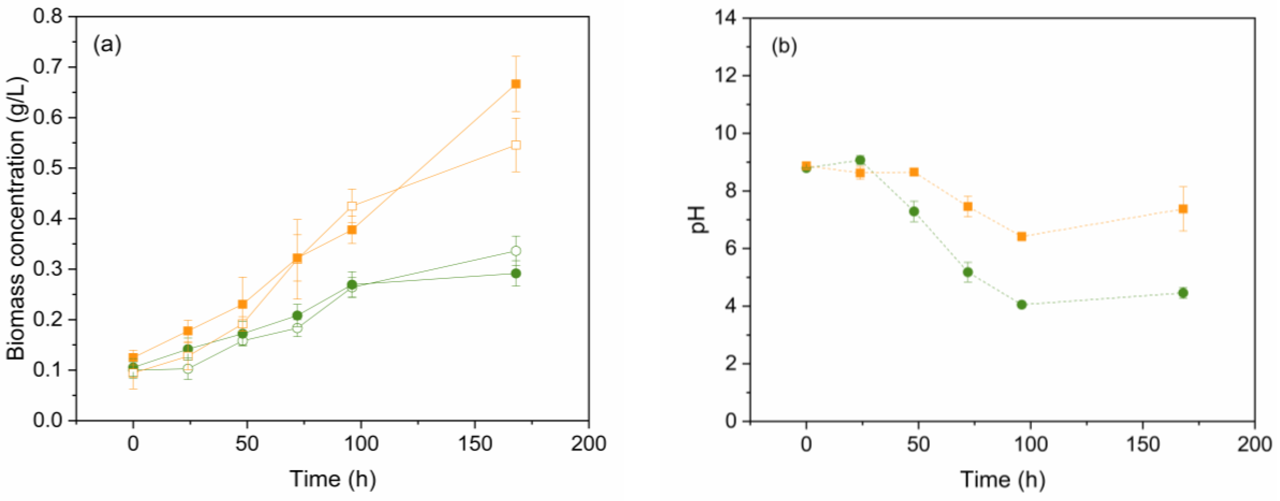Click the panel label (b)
point(784,46)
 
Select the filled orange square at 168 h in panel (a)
point(516,84)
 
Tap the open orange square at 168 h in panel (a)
point(516,145)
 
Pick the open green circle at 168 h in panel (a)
point(516,251)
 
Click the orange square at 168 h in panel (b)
point(1183,209)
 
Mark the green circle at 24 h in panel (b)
point(860,160)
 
